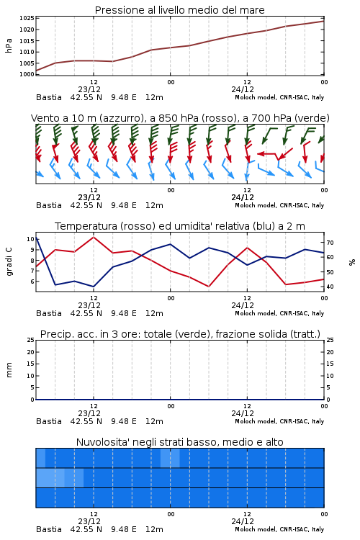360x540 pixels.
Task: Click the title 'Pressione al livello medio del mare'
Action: click(x=179, y=10)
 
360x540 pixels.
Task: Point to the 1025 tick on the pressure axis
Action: click(x=27, y=19)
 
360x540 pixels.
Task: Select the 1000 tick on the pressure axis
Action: click(x=27, y=74)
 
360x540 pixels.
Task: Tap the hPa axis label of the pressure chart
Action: click(x=9, y=45)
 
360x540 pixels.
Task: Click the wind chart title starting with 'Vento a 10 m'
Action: click(x=180, y=118)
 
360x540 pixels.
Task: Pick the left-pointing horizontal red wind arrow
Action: click(x=267, y=154)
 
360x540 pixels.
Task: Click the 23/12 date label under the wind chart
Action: click(x=89, y=197)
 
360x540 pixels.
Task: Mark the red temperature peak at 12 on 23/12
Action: click(x=94, y=237)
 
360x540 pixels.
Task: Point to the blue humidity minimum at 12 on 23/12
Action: click(x=94, y=287)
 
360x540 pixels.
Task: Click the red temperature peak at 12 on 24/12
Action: click(x=247, y=248)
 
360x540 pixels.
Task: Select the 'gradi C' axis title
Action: click(x=9, y=262)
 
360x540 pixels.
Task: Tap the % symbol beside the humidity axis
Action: click(x=352, y=262)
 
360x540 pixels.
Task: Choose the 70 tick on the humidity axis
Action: click(x=330, y=243)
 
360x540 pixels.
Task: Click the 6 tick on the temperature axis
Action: click(x=32, y=282)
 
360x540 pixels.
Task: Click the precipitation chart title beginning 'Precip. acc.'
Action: click(x=180, y=334)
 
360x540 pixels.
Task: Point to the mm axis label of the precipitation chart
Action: click(x=9, y=370)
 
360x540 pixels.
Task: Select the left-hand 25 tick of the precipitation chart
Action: click(x=31, y=341)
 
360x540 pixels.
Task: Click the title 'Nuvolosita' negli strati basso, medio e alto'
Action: click(x=179, y=442)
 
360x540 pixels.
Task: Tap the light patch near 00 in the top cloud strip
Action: click(x=170, y=458)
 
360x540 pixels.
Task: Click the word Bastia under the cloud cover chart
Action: click(x=49, y=529)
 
